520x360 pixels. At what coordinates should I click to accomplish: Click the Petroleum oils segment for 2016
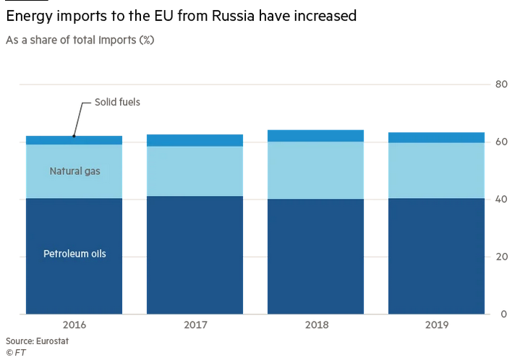click(74, 282)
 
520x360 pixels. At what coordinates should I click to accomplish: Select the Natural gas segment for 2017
click(195, 171)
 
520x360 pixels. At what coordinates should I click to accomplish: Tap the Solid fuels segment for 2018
click(315, 136)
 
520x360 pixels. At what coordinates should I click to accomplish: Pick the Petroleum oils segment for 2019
click(436, 256)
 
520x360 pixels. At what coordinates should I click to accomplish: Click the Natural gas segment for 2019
click(436, 171)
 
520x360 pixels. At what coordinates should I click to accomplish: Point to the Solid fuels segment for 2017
click(195, 140)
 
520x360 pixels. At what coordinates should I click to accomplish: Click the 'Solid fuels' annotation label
click(117, 103)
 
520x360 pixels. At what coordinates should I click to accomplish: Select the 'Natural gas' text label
click(74, 171)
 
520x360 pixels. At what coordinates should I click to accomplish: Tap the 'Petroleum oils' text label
click(74, 254)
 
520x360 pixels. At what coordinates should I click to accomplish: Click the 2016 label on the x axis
click(74, 325)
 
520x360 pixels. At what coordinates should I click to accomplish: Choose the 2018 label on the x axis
click(315, 325)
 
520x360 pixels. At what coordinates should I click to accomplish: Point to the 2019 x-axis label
click(436, 325)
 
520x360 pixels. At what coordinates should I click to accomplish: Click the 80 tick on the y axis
click(500, 85)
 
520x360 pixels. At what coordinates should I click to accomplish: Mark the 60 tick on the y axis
click(500, 142)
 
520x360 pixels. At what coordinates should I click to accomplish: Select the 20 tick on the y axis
click(500, 257)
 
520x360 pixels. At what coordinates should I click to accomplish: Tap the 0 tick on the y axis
click(503, 314)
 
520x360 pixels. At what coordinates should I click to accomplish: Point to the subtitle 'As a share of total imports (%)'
click(80, 40)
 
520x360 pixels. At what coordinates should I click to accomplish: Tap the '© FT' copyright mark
click(15, 351)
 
